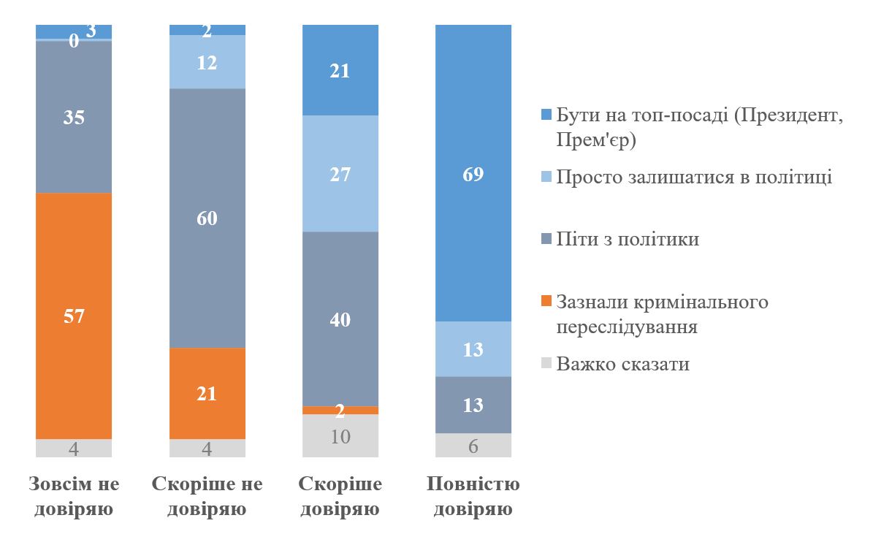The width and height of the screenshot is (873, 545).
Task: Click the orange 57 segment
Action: point(74,316)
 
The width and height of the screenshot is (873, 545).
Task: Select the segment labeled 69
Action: point(473,173)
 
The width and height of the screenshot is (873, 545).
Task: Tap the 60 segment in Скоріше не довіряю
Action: point(207,218)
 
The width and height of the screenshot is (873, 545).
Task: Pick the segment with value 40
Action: point(340,319)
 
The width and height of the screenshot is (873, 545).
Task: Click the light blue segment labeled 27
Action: point(340,174)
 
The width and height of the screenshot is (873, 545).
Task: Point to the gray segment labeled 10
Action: point(340,436)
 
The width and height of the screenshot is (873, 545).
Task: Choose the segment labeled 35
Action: point(74,117)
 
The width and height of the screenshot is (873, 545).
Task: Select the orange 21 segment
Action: point(207,393)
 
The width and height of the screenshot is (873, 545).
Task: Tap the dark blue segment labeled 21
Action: point(340,71)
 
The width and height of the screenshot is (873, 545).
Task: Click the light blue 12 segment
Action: point(207,62)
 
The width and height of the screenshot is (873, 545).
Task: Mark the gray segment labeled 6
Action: point(473,445)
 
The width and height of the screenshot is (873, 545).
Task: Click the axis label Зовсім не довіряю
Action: point(74,496)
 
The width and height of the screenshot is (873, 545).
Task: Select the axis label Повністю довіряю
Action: point(473,496)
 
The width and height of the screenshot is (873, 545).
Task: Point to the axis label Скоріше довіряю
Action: point(340,496)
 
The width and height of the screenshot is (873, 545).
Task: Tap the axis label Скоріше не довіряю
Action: point(207,496)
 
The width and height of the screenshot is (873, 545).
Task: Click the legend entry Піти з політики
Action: point(628,239)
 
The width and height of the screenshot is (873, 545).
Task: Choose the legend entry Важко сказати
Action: point(622,364)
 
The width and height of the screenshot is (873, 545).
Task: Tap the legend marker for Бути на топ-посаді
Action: point(545,115)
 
